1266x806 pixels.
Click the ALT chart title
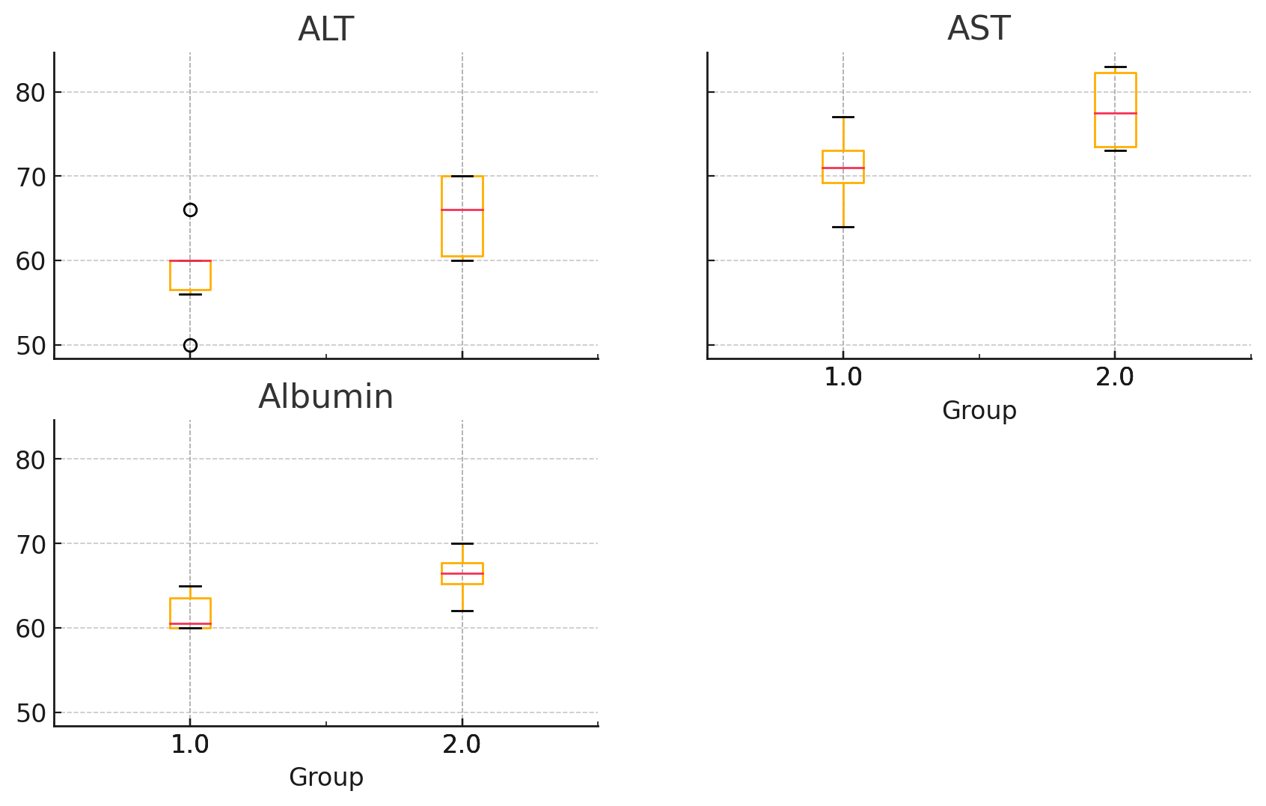pos(325,30)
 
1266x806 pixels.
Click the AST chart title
pos(979,29)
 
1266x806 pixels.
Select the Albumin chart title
pos(325,397)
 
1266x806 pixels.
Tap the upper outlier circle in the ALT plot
pos(190,210)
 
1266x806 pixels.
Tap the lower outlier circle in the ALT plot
pos(190,345)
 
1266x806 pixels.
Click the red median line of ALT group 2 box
pos(462,210)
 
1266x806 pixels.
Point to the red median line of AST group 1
pos(843,168)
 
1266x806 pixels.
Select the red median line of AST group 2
pos(1115,113)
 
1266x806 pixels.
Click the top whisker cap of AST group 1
pos(843,117)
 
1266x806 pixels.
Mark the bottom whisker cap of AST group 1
pos(843,227)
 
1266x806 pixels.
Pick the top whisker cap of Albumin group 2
pos(462,543)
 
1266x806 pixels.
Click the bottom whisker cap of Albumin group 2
pos(462,611)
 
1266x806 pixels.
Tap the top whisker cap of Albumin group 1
pos(190,586)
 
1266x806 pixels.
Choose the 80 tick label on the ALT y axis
pos(31,93)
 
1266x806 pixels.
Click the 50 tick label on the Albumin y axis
pos(31,713)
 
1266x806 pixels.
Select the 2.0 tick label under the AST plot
pos(1115,377)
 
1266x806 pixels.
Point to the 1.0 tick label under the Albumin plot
pos(190,745)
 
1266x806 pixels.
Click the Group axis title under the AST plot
pos(979,410)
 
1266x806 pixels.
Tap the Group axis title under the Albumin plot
pos(325,778)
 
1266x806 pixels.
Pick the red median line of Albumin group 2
pos(462,573)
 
